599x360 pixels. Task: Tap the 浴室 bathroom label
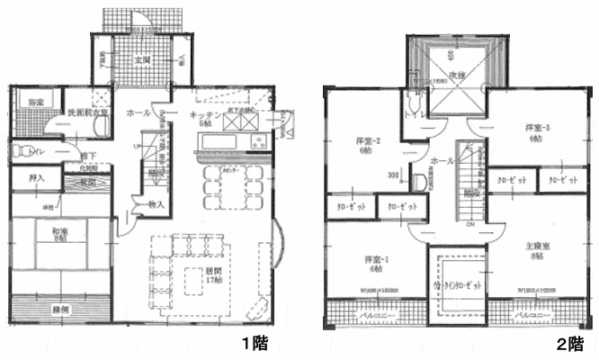pos(37,101)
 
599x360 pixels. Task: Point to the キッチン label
pos(206,117)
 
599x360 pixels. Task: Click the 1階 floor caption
pos(253,343)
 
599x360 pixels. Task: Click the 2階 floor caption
pos(569,343)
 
